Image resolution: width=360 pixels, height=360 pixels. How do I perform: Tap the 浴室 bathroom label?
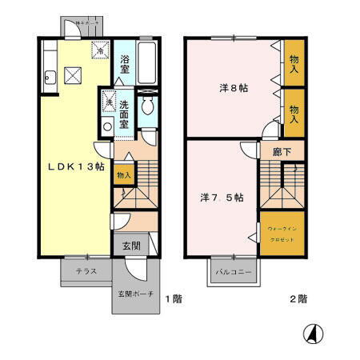click(x=125, y=65)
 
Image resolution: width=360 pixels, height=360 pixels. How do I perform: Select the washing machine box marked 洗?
click(x=106, y=103)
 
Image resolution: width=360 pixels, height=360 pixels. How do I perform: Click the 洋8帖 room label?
click(x=233, y=88)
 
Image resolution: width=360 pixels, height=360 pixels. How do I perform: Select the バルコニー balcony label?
click(x=233, y=272)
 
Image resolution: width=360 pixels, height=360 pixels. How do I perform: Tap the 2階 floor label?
click(x=298, y=298)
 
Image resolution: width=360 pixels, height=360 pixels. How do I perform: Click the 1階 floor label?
click(x=174, y=298)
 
